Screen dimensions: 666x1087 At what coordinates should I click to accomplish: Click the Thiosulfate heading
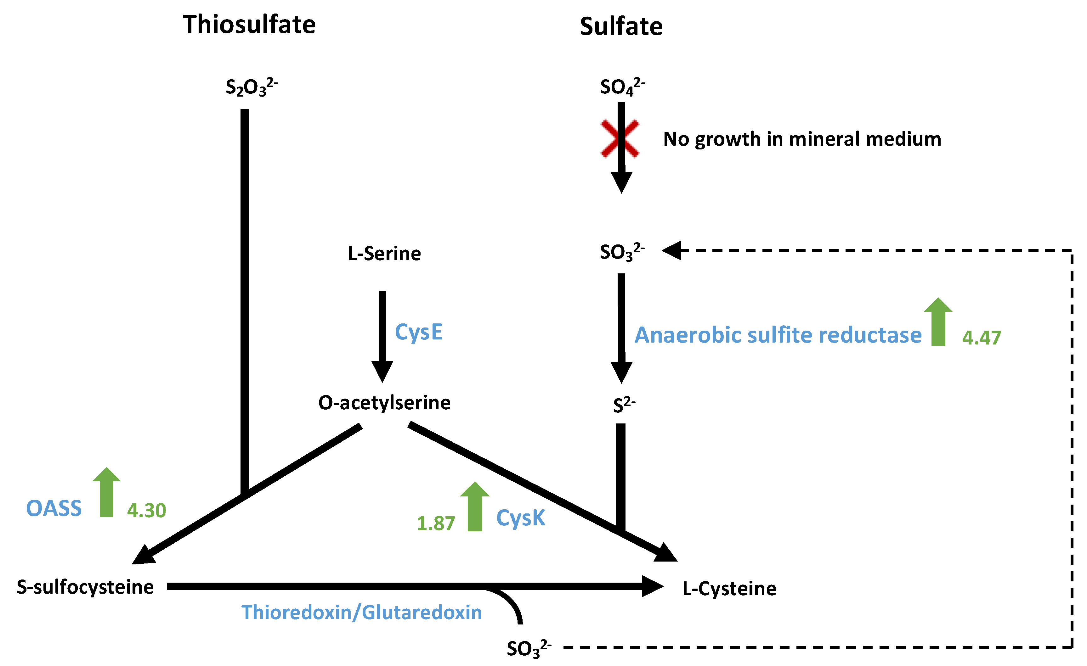pyautogui.click(x=249, y=25)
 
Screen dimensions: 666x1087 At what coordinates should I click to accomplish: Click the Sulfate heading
pyautogui.click(x=621, y=27)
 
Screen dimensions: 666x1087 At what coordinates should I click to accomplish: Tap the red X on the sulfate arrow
pyautogui.click(x=620, y=138)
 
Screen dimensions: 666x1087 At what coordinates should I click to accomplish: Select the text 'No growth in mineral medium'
pyautogui.click(x=802, y=139)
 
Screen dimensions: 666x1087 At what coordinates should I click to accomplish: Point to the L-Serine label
pyautogui.click(x=384, y=254)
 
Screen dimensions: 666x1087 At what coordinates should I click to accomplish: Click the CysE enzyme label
pyautogui.click(x=418, y=332)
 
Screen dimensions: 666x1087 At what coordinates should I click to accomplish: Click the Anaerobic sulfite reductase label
pyautogui.click(x=778, y=335)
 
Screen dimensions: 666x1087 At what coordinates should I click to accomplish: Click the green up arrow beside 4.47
pyautogui.click(x=938, y=322)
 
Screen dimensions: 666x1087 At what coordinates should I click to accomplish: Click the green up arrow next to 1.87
pyautogui.click(x=475, y=506)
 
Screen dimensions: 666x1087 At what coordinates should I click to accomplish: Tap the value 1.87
pyautogui.click(x=436, y=523)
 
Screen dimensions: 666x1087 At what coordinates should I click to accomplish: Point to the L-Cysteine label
pyautogui.click(x=729, y=589)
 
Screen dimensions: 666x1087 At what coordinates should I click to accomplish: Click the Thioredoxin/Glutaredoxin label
pyautogui.click(x=361, y=613)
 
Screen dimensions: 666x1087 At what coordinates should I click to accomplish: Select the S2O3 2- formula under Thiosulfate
pyautogui.click(x=251, y=87)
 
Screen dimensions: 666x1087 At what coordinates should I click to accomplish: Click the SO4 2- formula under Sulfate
pyautogui.click(x=622, y=87)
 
